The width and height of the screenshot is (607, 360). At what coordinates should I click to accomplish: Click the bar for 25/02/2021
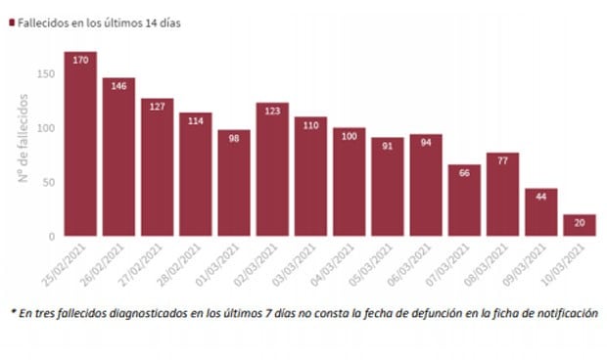(80, 147)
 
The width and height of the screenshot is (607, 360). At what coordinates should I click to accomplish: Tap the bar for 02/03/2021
(272, 171)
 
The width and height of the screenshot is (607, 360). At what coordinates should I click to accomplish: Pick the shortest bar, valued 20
(580, 226)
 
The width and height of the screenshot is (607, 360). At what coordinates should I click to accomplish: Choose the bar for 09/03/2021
(541, 213)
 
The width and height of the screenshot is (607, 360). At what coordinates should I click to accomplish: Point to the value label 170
(80, 60)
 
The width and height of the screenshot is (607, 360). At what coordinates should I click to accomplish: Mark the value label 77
(503, 161)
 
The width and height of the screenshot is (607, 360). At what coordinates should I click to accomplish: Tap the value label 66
(465, 173)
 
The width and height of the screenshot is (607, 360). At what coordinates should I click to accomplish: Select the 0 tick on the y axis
(50, 237)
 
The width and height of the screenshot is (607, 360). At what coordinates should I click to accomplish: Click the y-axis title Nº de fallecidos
(22, 137)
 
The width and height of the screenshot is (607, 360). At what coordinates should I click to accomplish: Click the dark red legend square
(11, 21)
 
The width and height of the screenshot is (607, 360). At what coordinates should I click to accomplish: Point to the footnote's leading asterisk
(14, 313)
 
